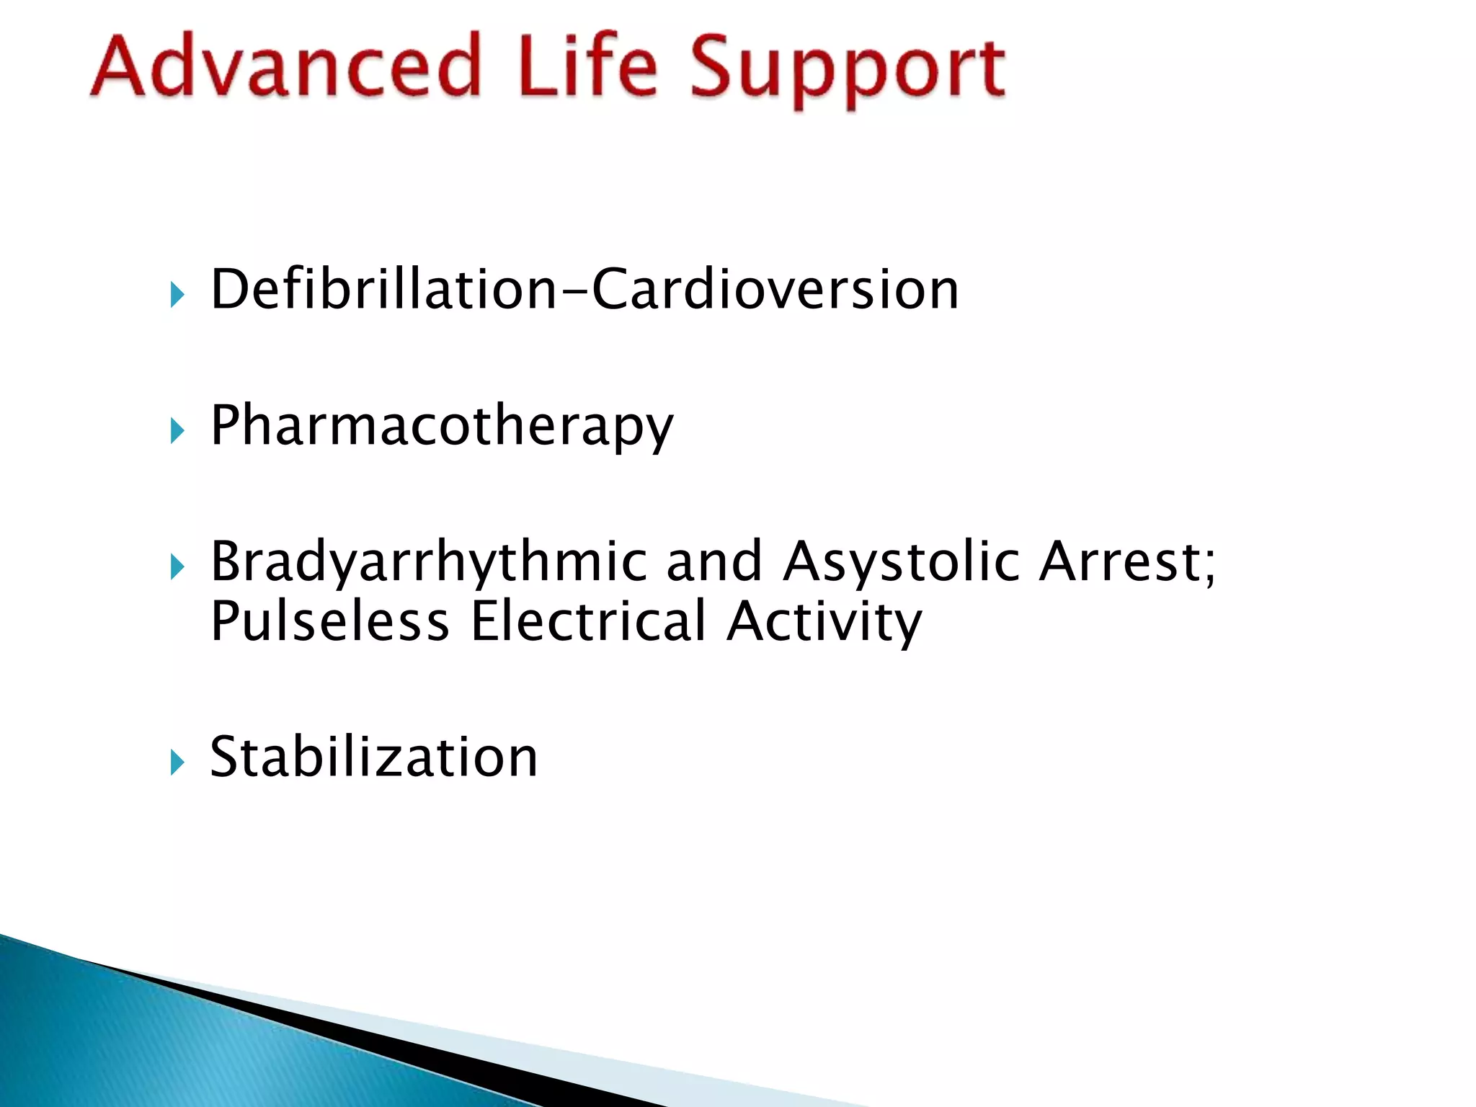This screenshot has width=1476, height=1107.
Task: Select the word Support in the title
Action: pyautogui.click(x=848, y=71)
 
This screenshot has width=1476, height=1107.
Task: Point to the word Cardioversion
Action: pyautogui.click(x=775, y=290)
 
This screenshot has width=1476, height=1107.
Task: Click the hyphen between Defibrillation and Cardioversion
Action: pyautogui.click(x=575, y=292)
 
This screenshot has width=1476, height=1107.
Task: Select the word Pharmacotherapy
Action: pyautogui.click(x=441, y=427)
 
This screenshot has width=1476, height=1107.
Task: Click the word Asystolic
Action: pyautogui.click(x=902, y=563)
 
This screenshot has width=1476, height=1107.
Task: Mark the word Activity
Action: pyautogui.click(x=824, y=623)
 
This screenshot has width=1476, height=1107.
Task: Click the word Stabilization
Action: pyautogui.click(x=373, y=757)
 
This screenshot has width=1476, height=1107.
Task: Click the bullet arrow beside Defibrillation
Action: pyautogui.click(x=177, y=294)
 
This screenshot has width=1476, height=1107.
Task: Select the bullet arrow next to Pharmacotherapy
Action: pyautogui.click(x=177, y=431)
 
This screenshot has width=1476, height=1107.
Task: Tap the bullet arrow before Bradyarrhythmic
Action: pyautogui.click(x=177, y=567)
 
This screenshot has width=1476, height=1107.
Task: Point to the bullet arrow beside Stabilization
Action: pyautogui.click(x=177, y=762)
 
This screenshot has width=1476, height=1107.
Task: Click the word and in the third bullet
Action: pyautogui.click(x=714, y=561)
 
